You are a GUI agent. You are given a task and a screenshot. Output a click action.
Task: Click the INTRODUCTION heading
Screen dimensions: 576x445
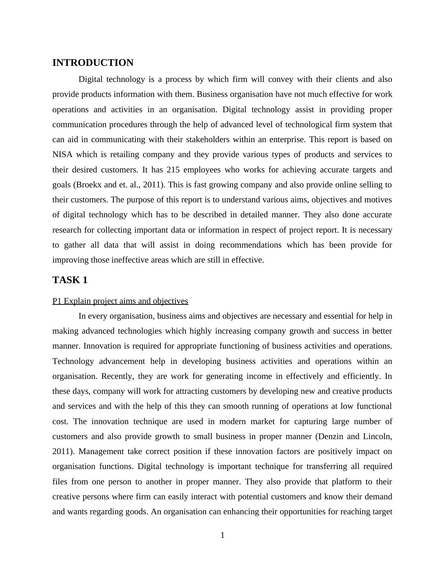pos(93,63)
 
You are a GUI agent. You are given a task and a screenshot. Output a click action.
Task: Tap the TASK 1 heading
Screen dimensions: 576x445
pos(70,280)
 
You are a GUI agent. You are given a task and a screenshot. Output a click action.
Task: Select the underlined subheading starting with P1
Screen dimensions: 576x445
pos(120,301)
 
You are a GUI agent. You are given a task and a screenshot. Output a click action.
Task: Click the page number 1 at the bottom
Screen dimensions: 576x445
pos(222,535)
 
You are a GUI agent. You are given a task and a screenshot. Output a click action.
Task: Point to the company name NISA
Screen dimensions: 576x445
pos(62,154)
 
